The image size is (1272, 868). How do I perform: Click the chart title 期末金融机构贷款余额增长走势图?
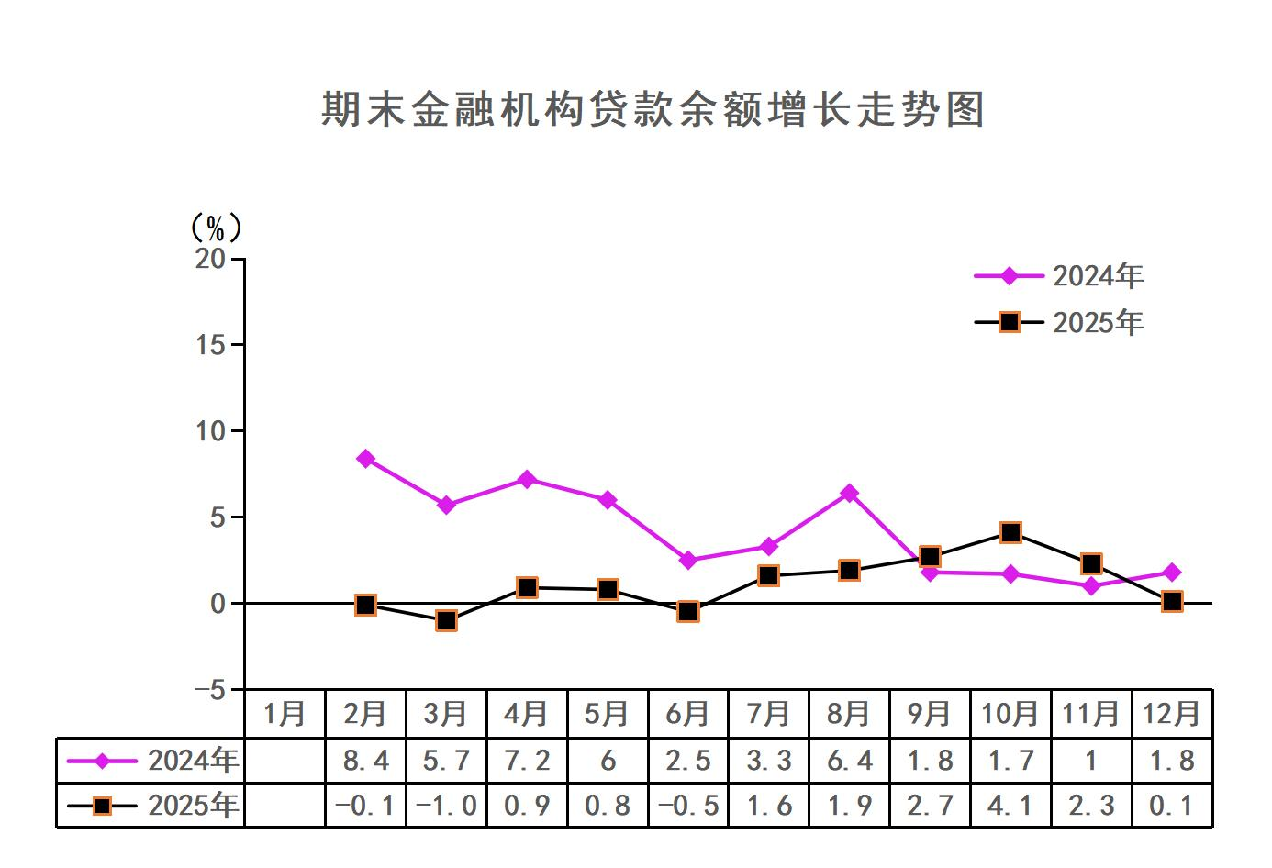coord(653,109)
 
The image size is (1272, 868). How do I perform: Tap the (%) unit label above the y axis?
coord(215,227)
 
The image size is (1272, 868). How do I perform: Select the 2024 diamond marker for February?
coord(365,459)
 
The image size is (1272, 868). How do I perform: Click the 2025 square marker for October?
coord(1010,533)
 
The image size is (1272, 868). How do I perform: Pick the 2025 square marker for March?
coord(446,620)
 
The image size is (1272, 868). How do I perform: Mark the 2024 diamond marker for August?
coord(849,494)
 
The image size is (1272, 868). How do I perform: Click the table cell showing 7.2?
coord(527,761)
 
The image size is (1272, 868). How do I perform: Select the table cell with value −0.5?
coord(688,806)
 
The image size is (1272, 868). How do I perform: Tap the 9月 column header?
coord(929,713)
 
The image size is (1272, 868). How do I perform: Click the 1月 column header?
coord(285,713)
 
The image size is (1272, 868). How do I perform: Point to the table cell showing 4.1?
coord(1010,806)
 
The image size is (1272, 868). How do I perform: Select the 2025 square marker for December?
coord(1172,602)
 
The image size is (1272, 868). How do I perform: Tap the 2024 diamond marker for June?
coord(688,561)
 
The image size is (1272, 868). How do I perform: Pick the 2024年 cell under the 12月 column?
coord(1172,761)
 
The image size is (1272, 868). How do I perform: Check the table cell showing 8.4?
coord(365,761)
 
